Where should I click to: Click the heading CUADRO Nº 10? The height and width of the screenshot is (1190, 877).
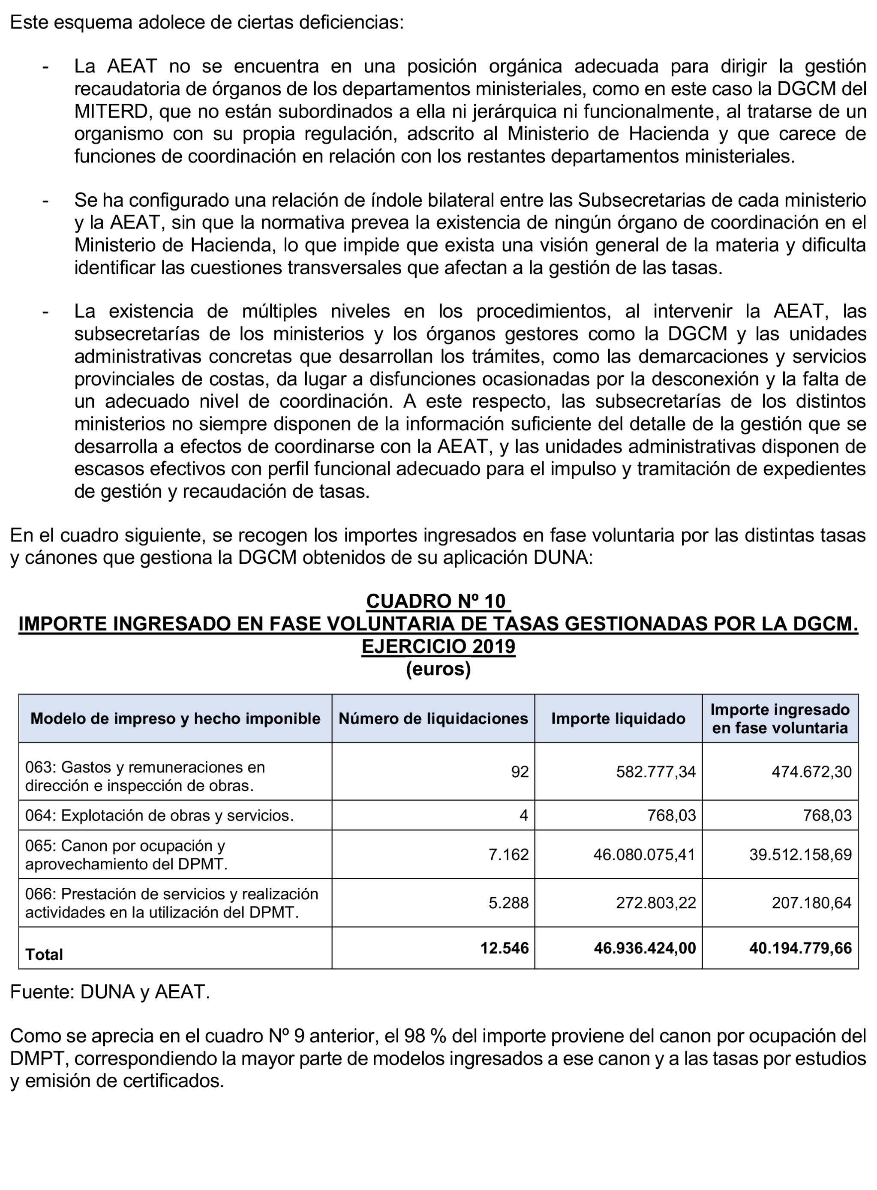[438, 601]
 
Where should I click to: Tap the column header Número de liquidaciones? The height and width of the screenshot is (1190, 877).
[433, 718]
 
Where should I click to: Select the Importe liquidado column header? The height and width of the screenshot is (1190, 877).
[618, 718]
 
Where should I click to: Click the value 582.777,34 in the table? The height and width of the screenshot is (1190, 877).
[656, 771]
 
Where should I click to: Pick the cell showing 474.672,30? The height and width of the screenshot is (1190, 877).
[811, 771]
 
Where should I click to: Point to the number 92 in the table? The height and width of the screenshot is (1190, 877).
[520, 771]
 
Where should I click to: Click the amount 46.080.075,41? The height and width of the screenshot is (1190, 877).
[645, 854]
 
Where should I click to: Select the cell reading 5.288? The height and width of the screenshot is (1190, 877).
[508, 902]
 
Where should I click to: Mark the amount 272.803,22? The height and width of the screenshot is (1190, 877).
[656, 902]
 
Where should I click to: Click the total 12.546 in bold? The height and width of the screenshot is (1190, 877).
[505, 947]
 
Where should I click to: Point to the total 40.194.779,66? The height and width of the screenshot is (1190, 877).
[800, 947]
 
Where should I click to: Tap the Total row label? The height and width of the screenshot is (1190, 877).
[44, 954]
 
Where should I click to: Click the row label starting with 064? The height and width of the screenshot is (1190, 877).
[159, 815]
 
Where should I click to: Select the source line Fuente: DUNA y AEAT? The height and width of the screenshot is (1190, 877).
[110, 992]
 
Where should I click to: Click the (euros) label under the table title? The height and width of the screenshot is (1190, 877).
[438, 669]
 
